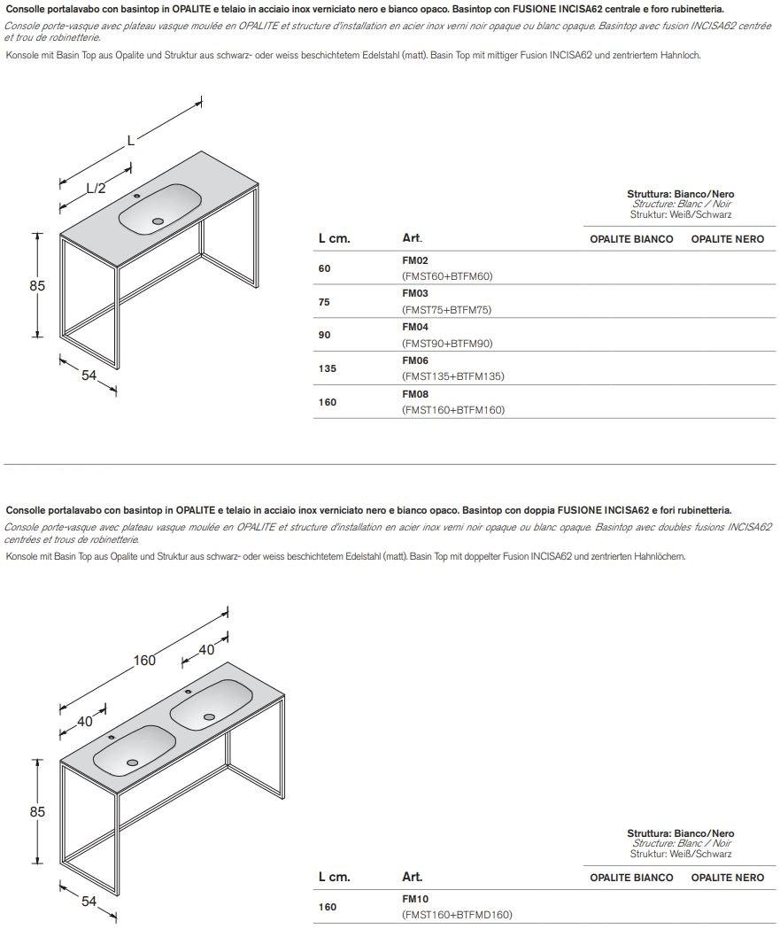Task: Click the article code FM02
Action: tap(414, 260)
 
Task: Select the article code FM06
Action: tap(414, 360)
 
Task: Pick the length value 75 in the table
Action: tap(324, 302)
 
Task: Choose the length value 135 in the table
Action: tap(328, 368)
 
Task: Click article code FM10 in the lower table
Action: tap(414, 898)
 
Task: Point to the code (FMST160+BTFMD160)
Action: tap(457, 915)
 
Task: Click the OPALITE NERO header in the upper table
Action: tap(727, 239)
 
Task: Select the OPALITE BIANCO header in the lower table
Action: tap(631, 878)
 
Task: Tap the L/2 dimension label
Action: tap(96, 188)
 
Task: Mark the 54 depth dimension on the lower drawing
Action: tap(89, 901)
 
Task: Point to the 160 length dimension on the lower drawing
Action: tap(144, 660)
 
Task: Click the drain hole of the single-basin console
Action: tap(158, 221)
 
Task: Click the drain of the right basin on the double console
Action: tap(209, 717)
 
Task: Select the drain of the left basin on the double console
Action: tap(132, 762)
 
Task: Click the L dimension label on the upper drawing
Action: tap(130, 139)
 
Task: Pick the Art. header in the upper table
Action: tap(412, 239)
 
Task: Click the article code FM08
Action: tap(414, 394)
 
